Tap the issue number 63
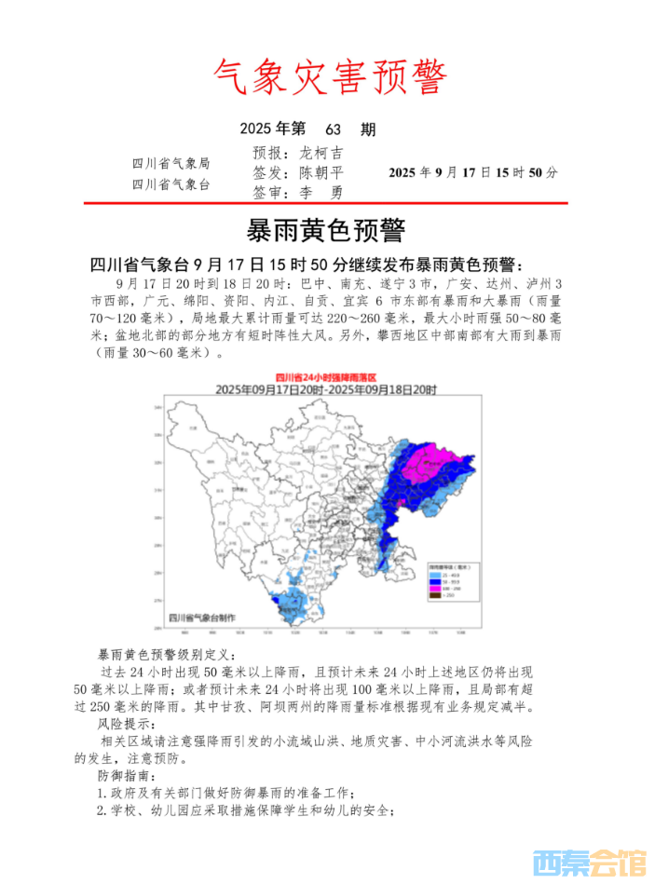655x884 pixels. click(335, 129)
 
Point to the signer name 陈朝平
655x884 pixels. click(321, 173)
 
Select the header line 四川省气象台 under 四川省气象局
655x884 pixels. click(171, 184)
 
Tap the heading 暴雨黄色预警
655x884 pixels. click(326, 229)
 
